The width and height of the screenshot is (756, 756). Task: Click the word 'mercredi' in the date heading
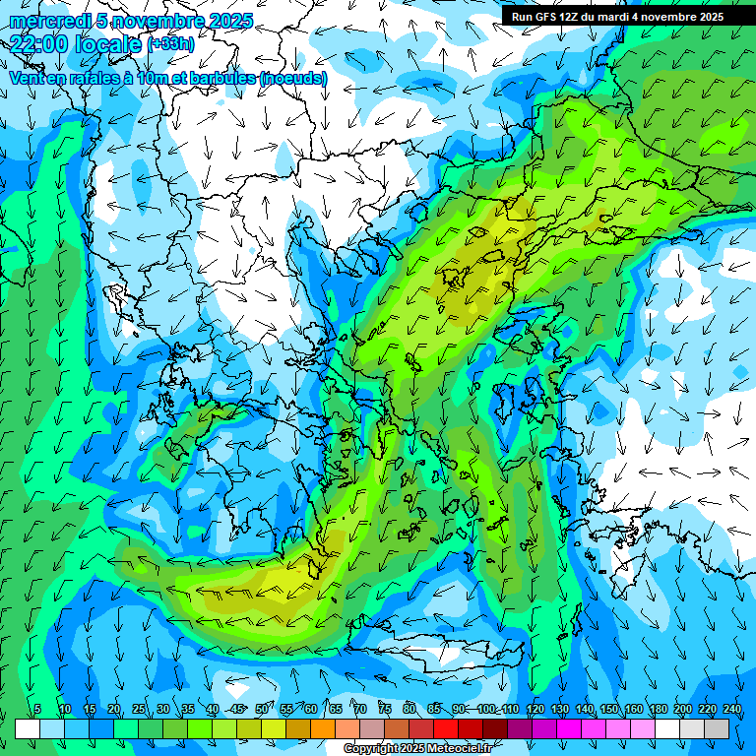point(46,21)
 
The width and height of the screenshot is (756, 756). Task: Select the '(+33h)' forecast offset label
point(171,44)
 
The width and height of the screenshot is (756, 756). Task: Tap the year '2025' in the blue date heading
point(227,21)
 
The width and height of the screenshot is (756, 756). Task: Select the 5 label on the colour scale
point(37,709)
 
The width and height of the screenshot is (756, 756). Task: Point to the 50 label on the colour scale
point(262,709)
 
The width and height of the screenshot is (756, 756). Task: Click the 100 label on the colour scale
point(486,709)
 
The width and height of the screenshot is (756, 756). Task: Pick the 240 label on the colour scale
point(732,709)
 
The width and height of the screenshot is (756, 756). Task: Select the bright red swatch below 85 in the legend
point(446,728)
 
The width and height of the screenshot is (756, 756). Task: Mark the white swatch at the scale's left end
point(28,728)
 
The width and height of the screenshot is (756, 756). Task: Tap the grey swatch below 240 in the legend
point(717,728)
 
